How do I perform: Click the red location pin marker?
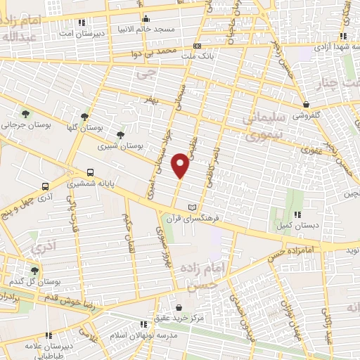click(x=181, y=166)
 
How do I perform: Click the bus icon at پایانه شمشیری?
click(x=90, y=173)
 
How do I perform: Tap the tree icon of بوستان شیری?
click(x=120, y=134)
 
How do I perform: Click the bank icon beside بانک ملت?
click(x=196, y=46)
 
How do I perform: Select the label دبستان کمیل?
click(x=297, y=226)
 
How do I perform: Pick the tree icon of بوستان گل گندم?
click(x=34, y=270)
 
